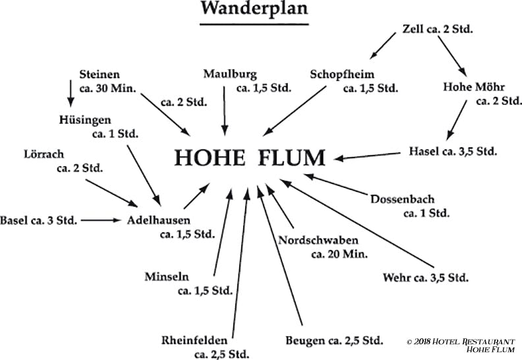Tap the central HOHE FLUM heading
click(250, 158)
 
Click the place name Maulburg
click(230, 73)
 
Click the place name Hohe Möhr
click(473, 86)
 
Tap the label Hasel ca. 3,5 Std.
click(453, 151)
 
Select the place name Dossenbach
click(403, 198)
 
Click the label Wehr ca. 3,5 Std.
click(425, 277)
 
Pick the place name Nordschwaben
click(318, 239)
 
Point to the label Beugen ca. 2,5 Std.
click(333, 341)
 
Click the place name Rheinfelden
click(194, 340)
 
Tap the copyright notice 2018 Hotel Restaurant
click(461, 341)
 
